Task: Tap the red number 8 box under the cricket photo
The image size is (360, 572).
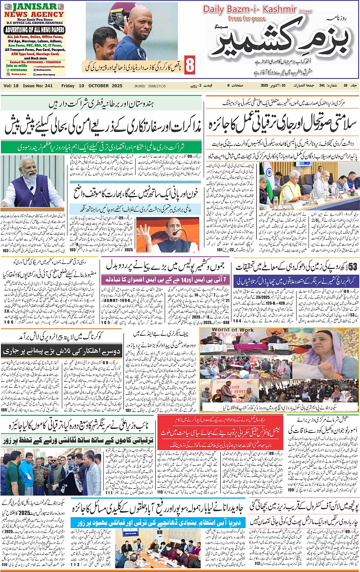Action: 189,65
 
